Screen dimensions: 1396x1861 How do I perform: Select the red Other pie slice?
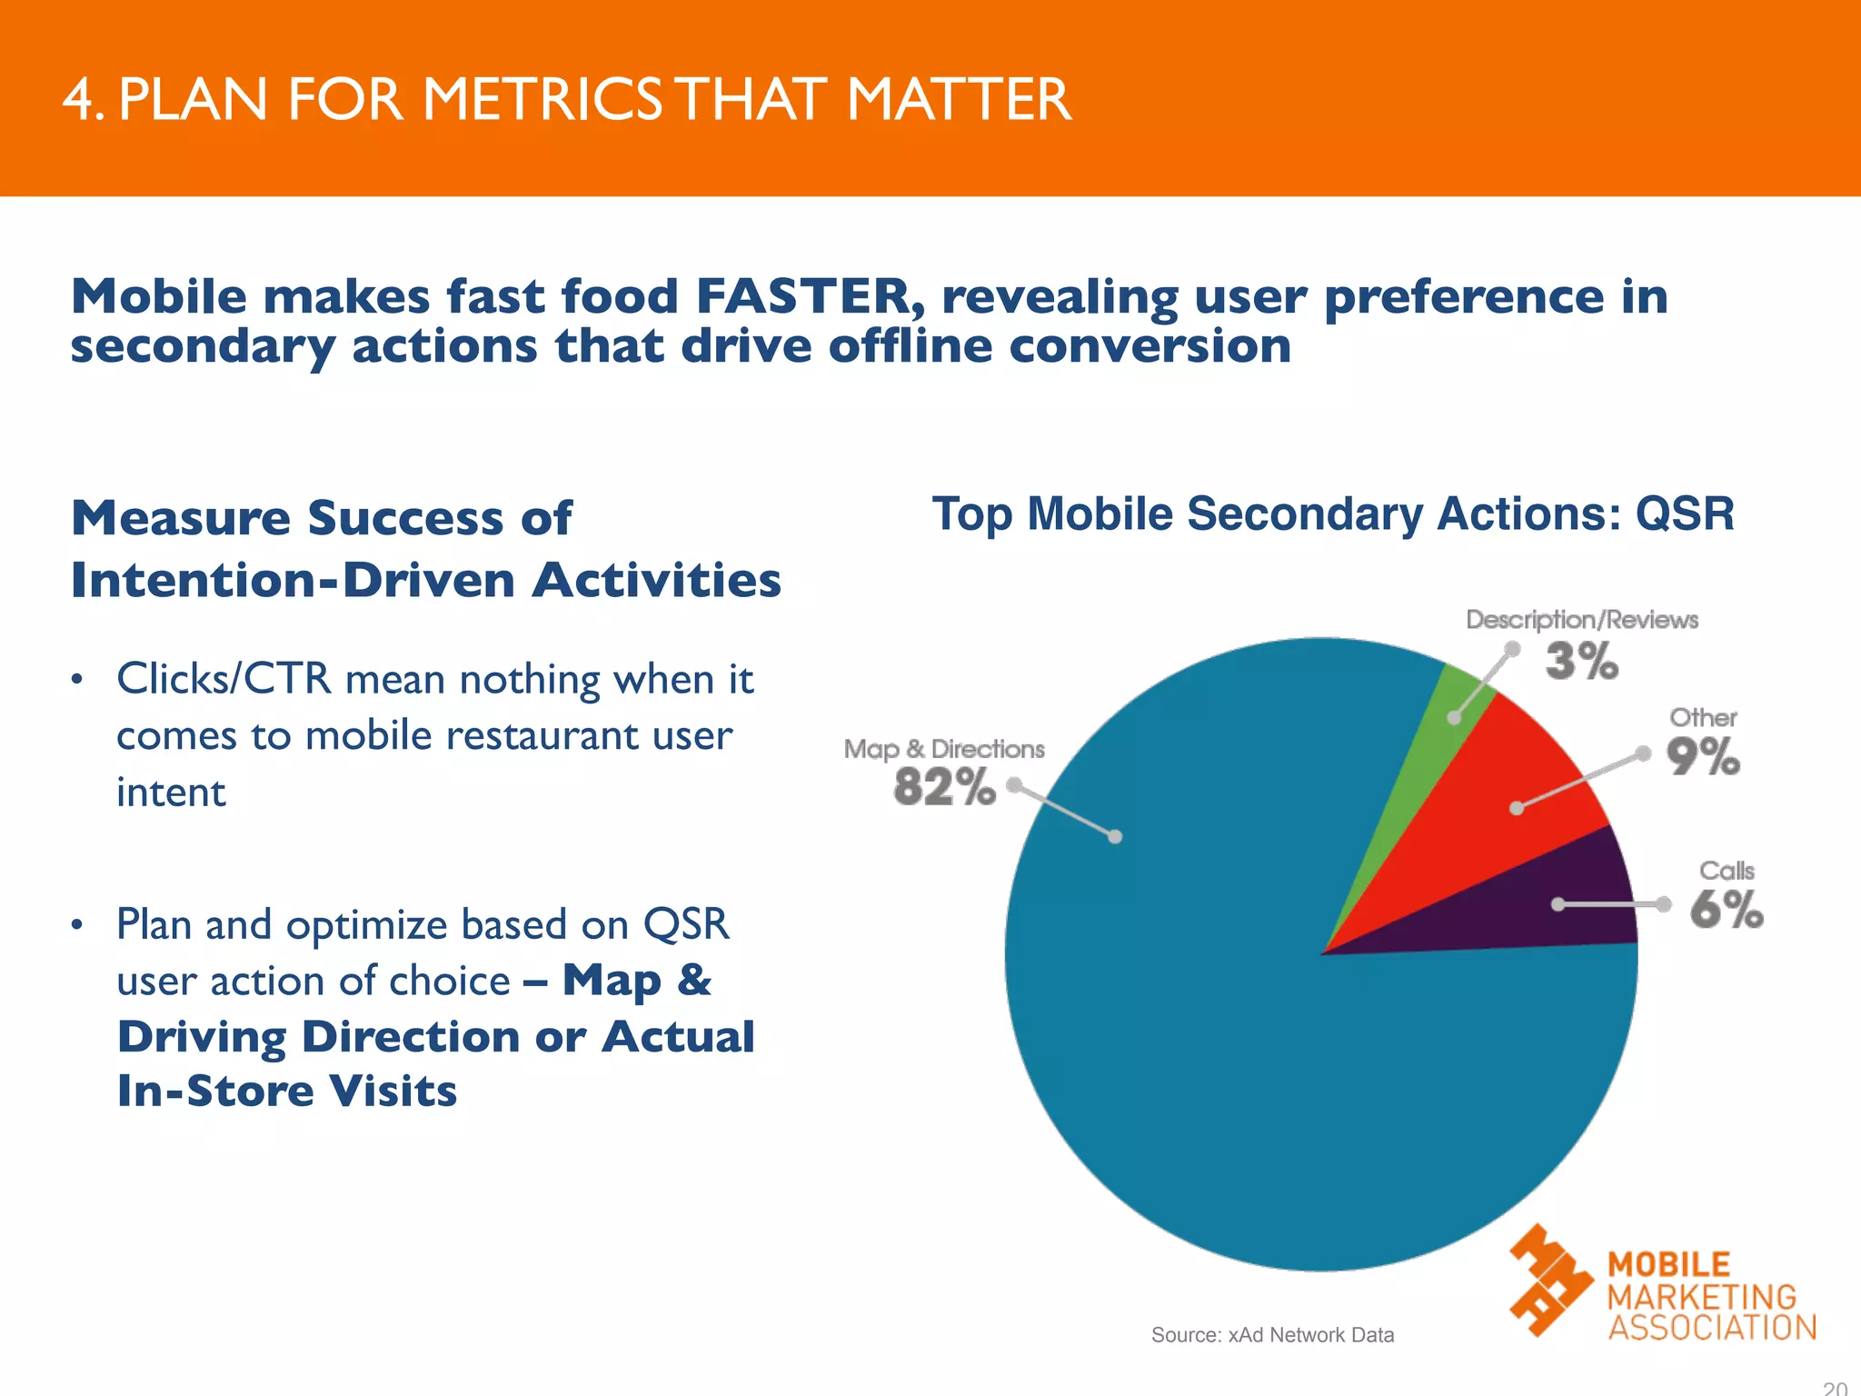pyautogui.click(x=1508, y=800)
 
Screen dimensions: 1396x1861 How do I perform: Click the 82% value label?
pyautogui.click(x=944, y=787)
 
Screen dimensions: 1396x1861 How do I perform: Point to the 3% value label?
pyautogui.click(x=1582, y=661)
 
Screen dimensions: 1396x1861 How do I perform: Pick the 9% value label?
pyautogui.click(x=1703, y=756)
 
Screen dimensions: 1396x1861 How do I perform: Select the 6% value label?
pyautogui.click(x=1727, y=909)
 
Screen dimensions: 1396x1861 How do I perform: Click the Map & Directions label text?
pyautogui.click(x=944, y=749)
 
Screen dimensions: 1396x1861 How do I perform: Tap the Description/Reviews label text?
pyautogui.click(x=1582, y=620)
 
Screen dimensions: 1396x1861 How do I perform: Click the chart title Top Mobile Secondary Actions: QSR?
pyautogui.click(x=1333, y=514)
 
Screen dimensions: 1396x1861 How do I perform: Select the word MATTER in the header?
pyautogui.click(x=959, y=99)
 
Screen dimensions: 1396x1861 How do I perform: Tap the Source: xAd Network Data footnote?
pyautogui.click(x=1272, y=1335)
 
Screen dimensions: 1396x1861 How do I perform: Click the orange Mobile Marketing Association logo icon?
pyautogui.click(x=1549, y=1280)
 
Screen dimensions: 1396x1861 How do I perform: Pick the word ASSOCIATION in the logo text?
pyautogui.click(x=1712, y=1328)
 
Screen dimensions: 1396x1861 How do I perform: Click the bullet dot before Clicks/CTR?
pyautogui.click(x=78, y=680)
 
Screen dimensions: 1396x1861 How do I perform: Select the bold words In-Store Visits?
pyautogui.click(x=287, y=1091)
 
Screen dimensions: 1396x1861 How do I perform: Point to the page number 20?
pyautogui.click(x=1835, y=1388)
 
